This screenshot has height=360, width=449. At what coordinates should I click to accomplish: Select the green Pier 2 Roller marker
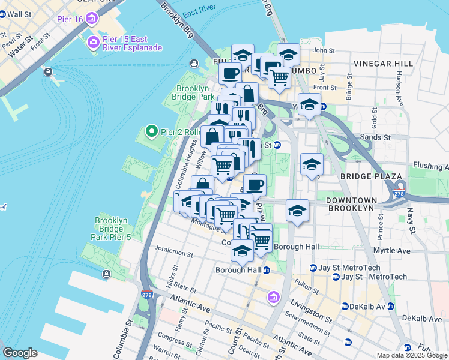click(x=151, y=130)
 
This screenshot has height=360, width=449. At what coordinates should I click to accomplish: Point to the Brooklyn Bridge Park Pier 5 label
click(x=112, y=229)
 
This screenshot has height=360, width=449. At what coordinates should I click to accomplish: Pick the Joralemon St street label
click(x=173, y=254)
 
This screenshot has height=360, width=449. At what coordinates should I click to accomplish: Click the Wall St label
click(x=18, y=14)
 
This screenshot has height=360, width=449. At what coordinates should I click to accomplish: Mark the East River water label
click(x=199, y=13)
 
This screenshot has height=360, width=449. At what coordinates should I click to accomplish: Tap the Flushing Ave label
click(x=431, y=165)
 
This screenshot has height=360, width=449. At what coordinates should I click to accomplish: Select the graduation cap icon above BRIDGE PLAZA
click(x=312, y=165)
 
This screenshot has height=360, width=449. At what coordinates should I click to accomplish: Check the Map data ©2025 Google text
click(x=412, y=355)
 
